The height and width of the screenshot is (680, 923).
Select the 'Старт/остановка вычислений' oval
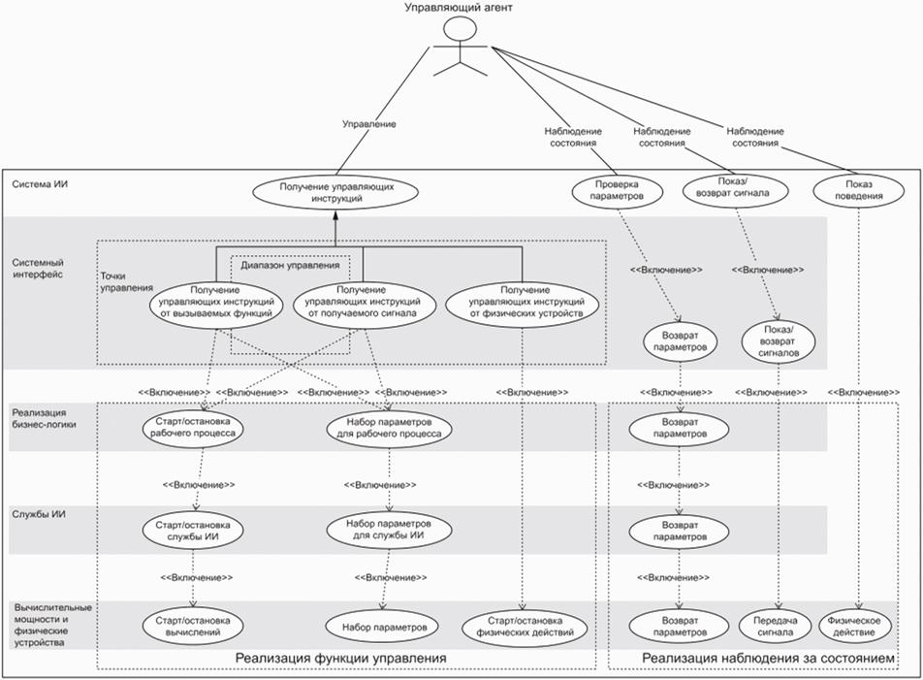[x=194, y=626]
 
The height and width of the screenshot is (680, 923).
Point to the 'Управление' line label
[x=369, y=124]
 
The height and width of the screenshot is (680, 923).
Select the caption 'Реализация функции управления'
[x=340, y=659]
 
